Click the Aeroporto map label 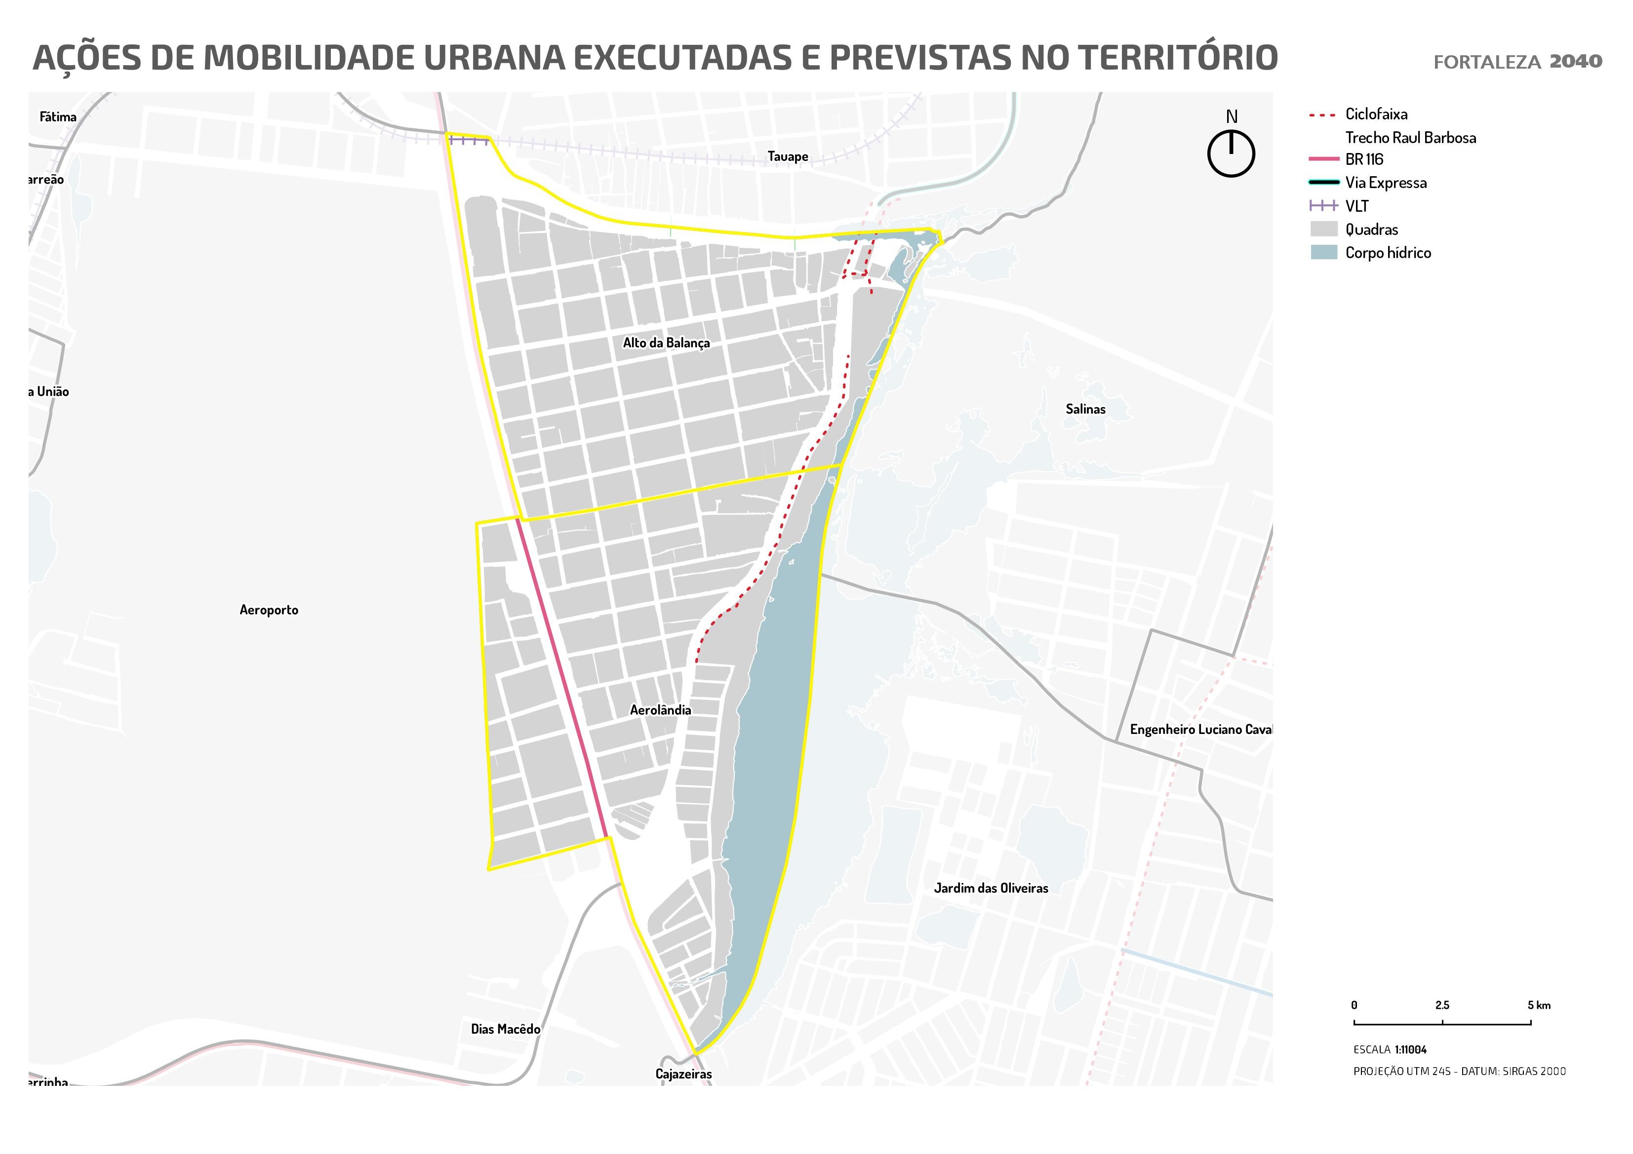pyautogui.click(x=269, y=610)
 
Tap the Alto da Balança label pyautogui.click(x=666, y=343)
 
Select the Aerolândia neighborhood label pyautogui.click(x=660, y=710)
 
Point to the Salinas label pyautogui.click(x=1085, y=409)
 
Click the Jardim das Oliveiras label pyautogui.click(x=991, y=888)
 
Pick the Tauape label pyautogui.click(x=787, y=156)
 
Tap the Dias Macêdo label pyautogui.click(x=506, y=1029)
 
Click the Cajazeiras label pyautogui.click(x=683, y=1074)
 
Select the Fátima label pyautogui.click(x=58, y=116)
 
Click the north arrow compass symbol pyautogui.click(x=1231, y=153)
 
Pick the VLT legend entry pyautogui.click(x=1356, y=206)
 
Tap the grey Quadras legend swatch pyautogui.click(x=1323, y=229)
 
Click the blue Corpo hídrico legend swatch pyautogui.click(x=1323, y=252)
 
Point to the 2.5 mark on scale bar pyautogui.click(x=1442, y=1005)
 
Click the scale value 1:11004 pyautogui.click(x=1410, y=1049)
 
